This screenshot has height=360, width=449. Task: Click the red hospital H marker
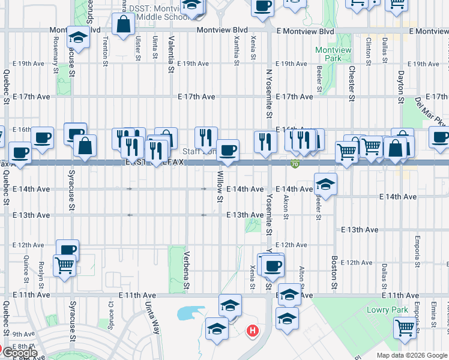point(253,330)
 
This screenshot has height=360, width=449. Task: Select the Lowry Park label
point(387,310)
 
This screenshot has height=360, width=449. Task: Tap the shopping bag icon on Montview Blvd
point(123,25)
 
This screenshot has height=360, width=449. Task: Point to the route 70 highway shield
point(294,163)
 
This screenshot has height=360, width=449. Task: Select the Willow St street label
point(220,186)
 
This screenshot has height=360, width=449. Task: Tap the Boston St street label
point(334,271)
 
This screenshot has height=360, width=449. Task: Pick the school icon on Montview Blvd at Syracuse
point(78,37)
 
